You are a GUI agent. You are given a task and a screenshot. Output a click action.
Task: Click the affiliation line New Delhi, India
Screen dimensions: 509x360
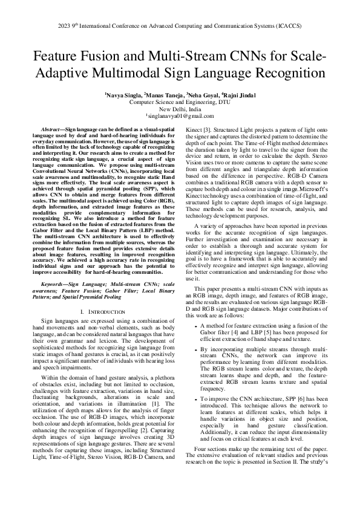tap(180, 109)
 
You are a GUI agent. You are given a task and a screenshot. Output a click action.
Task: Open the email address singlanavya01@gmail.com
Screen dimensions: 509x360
tap(181, 115)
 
